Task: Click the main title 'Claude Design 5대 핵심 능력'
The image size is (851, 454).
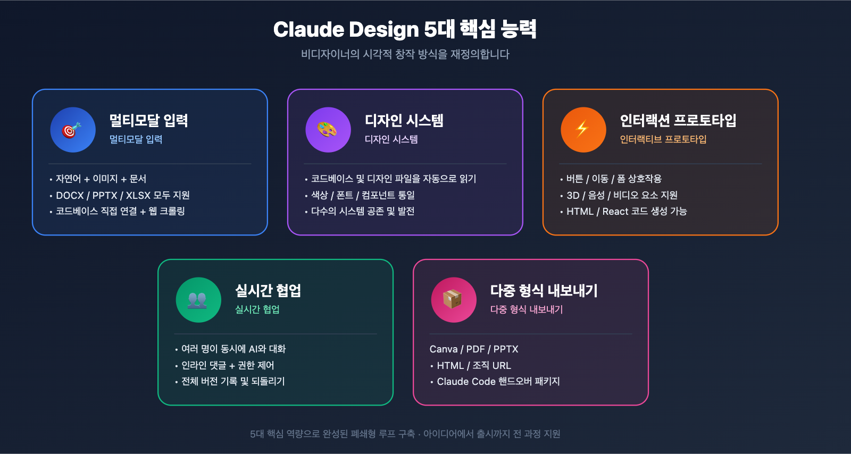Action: pyautogui.click(x=405, y=30)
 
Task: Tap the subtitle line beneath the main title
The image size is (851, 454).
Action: pyautogui.click(x=405, y=54)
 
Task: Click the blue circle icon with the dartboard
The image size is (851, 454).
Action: pyautogui.click(x=73, y=130)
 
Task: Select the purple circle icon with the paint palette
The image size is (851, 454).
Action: pyautogui.click(x=328, y=130)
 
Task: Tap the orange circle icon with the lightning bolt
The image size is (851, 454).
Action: pyautogui.click(x=583, y=130)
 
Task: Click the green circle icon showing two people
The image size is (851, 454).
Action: pyautogui.click(x=198, y=300)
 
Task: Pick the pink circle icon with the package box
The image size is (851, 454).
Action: pyautogui.click(x=454, y=300)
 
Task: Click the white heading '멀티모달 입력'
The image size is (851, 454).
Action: pyautogui.click(x=148, y=121)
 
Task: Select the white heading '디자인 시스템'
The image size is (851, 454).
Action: pyautogui.click(x=404, y=121)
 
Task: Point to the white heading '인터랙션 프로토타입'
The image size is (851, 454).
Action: pyautogui.click(x=678, y=121)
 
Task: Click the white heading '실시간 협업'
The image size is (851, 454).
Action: pyautogui.click(x=268, y=291)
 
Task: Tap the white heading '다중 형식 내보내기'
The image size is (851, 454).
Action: pyautogui.click(x=544, y=291)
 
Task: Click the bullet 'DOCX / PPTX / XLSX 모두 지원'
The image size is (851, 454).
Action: pyautogui.click(x=122, y=195)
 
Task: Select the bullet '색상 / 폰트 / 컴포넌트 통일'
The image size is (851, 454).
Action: pyautogui.click(x=363, y=195)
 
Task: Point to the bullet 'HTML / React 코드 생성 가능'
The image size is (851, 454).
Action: pyautogui.click(x=626, y=212)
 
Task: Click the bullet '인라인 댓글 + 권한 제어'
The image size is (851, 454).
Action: pyautogui.click(x=228, y=365)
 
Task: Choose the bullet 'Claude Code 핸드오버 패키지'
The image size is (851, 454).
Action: pyautogui.click(x=498, y=382)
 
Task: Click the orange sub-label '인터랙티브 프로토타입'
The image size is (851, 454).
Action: pyautogui.click(x=663, y=139)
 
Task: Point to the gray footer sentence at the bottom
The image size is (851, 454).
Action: pyautogui.click(x=405, y=434)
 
